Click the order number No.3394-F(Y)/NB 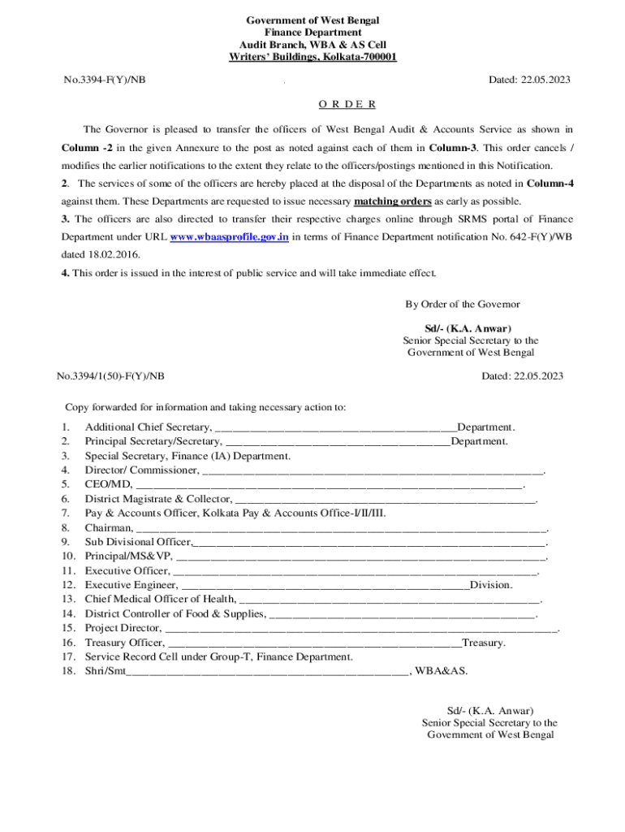coord(105,80)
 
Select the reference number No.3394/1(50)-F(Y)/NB coord(110,376)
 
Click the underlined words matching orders coord(393,201)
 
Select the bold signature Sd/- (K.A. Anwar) coord(471,329)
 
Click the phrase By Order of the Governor coord(463,305)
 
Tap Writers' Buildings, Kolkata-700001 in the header coord(313,57)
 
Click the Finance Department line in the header coord(313,31)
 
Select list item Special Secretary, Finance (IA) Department coord(187,457)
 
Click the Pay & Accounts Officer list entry coord(235,513)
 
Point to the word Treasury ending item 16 coord(483,643)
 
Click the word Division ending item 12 coord(490,585)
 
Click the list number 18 coord(69,671)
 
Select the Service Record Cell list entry coord(219,656)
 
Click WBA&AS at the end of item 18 coord(441,671)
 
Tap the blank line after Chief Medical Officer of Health coord(389,600)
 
